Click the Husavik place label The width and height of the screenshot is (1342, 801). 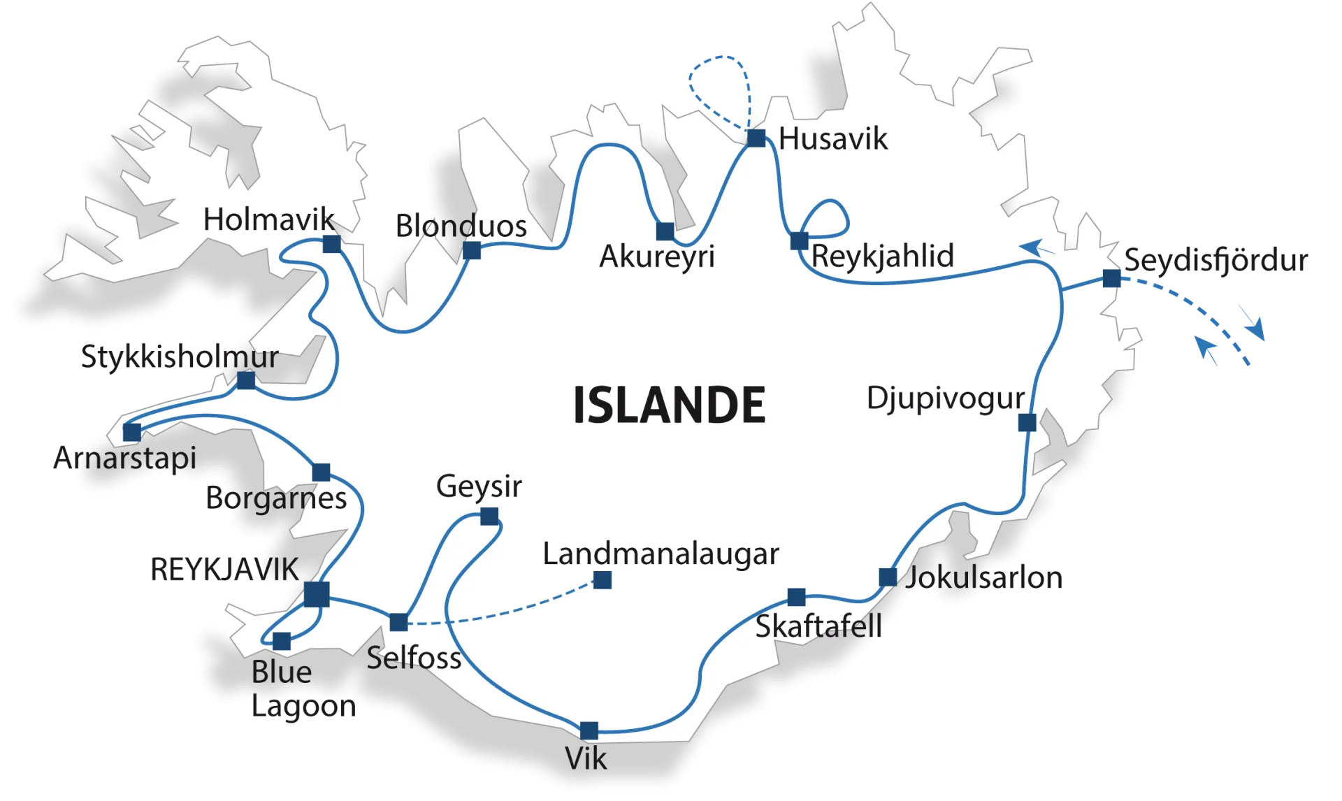pos(832,139)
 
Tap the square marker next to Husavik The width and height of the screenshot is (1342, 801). pos(756,138)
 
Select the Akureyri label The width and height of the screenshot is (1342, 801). pos(657,257)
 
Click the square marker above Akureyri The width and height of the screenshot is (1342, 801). pos(665,231)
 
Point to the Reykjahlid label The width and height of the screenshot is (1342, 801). pos(882,256)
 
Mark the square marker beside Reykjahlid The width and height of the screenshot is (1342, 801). pos(799,240)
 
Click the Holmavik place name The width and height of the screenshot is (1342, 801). pos(269,220)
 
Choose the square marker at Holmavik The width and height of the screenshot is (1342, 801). pos(332,244)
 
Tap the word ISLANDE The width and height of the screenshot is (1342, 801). pos(669,405)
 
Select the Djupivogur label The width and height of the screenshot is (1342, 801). pos(945,399)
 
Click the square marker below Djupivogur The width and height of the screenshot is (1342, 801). pos(1027,422)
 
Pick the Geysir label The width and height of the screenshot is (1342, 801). pos(479,486)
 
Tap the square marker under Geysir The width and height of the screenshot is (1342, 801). pos(489,517)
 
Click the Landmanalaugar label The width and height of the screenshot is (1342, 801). pos(661,554)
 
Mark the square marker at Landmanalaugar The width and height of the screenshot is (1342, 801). pos(602,580)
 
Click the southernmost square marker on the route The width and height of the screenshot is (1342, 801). pos(589,731)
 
